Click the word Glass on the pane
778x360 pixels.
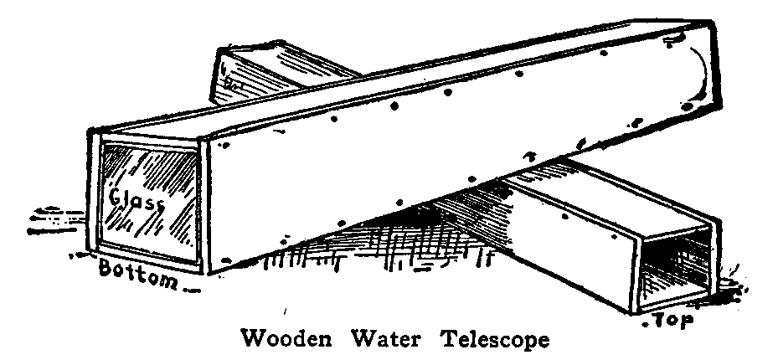tap(137, 201)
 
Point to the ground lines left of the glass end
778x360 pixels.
tap(54, 219)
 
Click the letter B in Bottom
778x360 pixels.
tap(106, 270)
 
